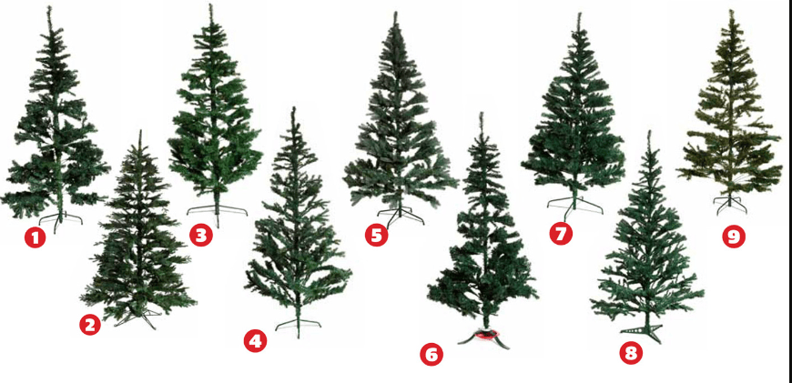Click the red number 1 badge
pyautogui.click(x=35, y=237)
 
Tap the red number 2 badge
pyautogui.click(x=90, y=326)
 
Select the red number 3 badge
pyautogui.click(x=201, y=236)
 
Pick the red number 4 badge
pyautogui.click(x=255, y=341)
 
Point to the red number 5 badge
pyautogui.click(x=376, y=236)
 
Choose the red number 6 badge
pyautogui.click(x=432, y=355)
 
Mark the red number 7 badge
pyautogui.click(x=561, y=234)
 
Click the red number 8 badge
pyautogui.click(x=631, y=353)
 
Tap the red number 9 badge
pyautogui.click(x=734, y=237)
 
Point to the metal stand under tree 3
pyautogui.click(x=218, y=212)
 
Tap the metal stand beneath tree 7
pyautogui.click(x=575, y=206)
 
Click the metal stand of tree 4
pyautogui.click(x=298, y=325)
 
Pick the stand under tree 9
pyautogui.click(x=730, y=204)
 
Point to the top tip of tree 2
pyautogui.click(x=140, y=131)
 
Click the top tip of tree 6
pyautogui.click(x=482, y=114)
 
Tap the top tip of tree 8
pyautogui.click(x=650, y=132)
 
